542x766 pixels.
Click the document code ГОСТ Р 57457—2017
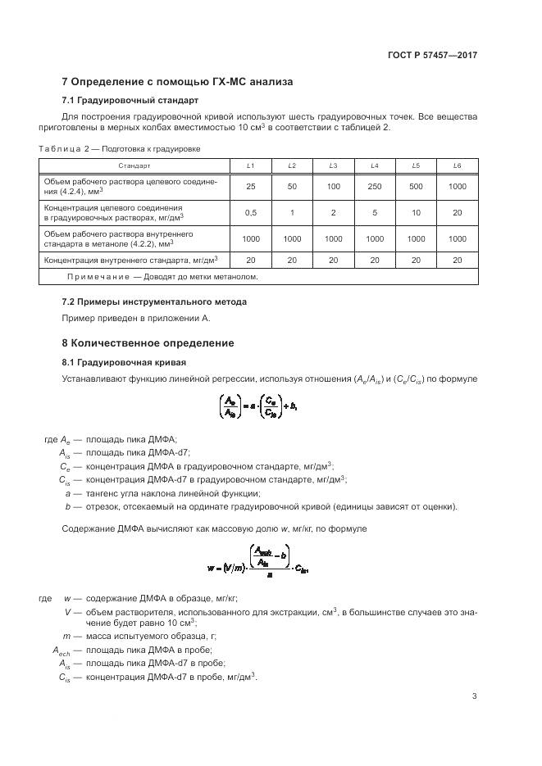point(432,55)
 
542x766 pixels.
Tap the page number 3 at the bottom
point(474,696)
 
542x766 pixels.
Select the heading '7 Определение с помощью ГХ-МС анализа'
point(177,82)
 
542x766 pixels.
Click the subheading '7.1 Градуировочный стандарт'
point(130,101)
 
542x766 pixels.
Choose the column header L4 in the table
point(374,166)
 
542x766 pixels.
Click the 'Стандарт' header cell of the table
point(134,166)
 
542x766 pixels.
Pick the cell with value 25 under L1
point(250,186)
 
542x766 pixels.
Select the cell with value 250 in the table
point(374,186)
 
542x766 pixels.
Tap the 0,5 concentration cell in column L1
point(250,213)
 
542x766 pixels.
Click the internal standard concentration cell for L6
point(457,260)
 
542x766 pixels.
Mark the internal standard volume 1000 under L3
point(333,238)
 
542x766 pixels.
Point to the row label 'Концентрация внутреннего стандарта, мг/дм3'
point(135,260)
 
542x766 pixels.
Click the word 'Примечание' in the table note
point(93,277)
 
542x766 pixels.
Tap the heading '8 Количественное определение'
point(148,342)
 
